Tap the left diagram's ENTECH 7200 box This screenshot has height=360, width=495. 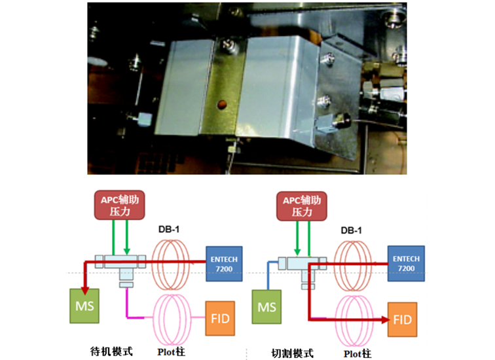pyautogui.click(x=224, y=262)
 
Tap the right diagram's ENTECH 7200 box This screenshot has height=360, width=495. pyautogui.click(x=407, y=262)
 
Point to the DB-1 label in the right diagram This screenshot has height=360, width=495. pyautogui.click(x=351, y=230)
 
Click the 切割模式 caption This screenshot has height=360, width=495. pyautogui.click(x=293, y=353)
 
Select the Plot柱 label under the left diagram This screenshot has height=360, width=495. pyautogui.click(x=172, y=353)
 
